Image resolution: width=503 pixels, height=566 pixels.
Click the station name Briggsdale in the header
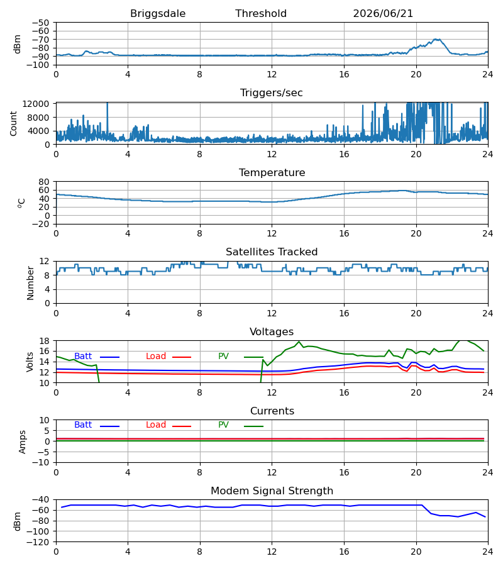point(158,14)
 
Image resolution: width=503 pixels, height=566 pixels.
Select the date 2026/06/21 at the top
point(383,14)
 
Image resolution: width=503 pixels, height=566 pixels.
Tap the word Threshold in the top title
point(261,14)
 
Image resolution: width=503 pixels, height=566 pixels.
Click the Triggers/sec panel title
point(272,93)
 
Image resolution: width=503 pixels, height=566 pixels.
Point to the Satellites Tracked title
point(272,252)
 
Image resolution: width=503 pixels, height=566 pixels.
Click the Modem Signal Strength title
point(272,491)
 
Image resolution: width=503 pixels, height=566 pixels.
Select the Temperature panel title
point(272,172)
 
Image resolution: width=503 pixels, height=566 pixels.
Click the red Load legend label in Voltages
point(156,357)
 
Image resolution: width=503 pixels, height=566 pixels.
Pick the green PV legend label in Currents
point(223,425)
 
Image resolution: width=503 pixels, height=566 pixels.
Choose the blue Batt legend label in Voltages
point(83,357)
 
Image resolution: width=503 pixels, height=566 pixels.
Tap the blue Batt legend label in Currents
point(83,425)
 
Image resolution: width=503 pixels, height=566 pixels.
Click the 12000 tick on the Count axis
point(36,104)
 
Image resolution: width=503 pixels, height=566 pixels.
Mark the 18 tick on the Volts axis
point(45,341)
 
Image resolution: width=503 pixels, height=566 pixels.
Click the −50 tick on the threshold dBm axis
point(40,23)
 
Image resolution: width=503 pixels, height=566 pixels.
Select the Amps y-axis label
point(23,442)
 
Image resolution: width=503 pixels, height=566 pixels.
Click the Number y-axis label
point(30,284)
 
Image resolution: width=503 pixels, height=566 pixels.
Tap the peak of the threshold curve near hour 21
point(436,39)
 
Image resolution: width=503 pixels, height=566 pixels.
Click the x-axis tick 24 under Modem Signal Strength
point(488,552)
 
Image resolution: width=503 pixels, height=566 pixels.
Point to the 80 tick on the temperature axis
point(45,182)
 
